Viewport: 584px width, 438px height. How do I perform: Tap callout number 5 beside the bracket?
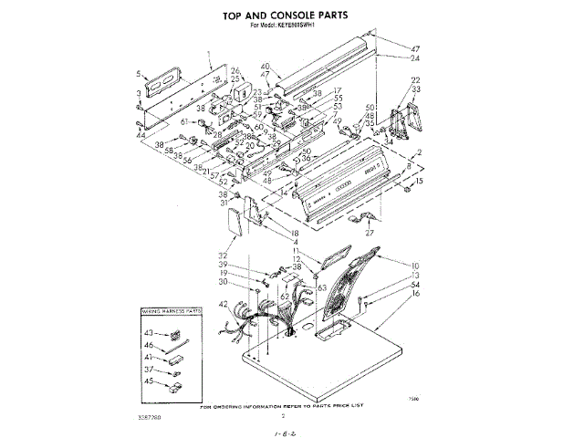(x=139, y=74)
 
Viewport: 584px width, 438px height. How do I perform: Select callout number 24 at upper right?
(x=415, y=58)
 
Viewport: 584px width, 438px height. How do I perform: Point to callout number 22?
(x=415, y=80)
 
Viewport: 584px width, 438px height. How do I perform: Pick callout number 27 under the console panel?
(x=370, y=233)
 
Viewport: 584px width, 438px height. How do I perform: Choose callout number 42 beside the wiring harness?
(x=224, y=304)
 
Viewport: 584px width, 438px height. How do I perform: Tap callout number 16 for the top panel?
(x=415, y=295)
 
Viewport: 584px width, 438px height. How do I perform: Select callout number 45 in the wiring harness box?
(x=150, y=381)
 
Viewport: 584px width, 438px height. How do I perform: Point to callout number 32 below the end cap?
(x=223, y=255)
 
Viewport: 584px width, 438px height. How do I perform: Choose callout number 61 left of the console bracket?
(x=184, y=120)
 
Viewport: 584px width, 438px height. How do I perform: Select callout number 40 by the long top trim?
(x=266, y=67)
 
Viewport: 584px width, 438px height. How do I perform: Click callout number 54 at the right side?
(x=415, y=285)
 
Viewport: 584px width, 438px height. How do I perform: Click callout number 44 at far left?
(x=141, y=134)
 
